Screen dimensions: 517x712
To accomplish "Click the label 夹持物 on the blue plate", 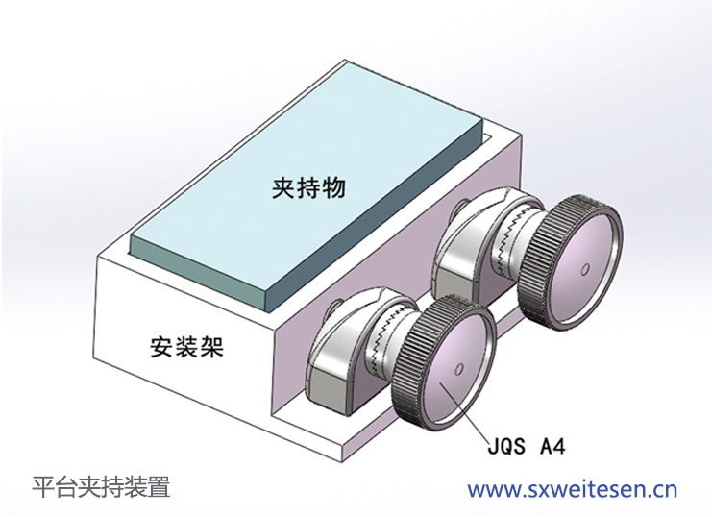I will tap(308, 188).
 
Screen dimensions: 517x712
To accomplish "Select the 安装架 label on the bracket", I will tap(186, 346).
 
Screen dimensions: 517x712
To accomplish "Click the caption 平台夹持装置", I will tap(101, 487).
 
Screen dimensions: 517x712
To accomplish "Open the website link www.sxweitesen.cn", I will tap(573, 489).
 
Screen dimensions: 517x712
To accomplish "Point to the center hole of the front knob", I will tap(457, 369).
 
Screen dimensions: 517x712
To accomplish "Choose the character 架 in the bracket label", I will tap(211, 346).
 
